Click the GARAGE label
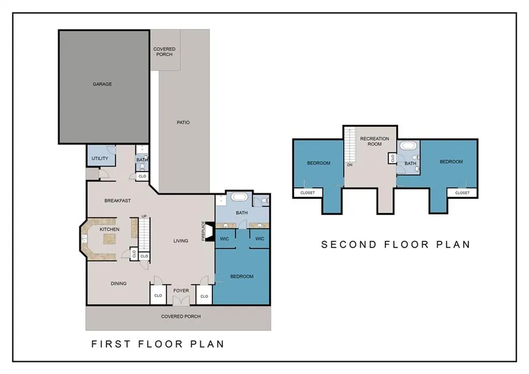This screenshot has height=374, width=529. coord(102,84)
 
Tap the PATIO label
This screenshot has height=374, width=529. coord(183,123)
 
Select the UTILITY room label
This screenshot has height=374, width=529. coord(100,158)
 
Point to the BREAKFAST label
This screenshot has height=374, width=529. coord(117,201)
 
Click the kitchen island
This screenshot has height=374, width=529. coord(110,239)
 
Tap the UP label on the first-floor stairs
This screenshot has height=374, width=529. coord(144,216)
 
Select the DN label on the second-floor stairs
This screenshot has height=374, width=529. coord(350,165)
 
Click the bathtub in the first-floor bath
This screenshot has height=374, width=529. coord(240,197)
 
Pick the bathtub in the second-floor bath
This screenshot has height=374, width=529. coord(409,146)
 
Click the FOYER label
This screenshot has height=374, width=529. coord(181,291)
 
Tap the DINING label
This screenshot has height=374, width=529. coord(118,283)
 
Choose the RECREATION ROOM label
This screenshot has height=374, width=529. coord(375,141)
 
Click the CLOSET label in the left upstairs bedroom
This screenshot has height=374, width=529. coord(307,193)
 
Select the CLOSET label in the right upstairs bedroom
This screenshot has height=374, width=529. coord(462,193)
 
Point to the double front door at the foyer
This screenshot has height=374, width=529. coord(181,301)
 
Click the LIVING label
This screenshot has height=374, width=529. coord(181,241)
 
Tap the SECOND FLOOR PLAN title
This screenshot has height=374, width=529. coord(396,244)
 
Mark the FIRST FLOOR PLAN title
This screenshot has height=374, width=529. coord(158,344)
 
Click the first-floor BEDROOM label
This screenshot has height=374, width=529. coord(242,276)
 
